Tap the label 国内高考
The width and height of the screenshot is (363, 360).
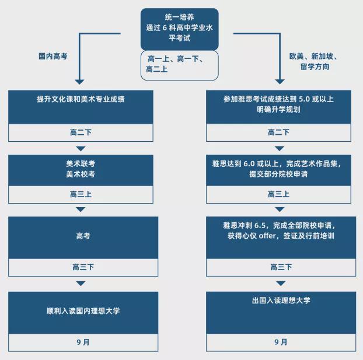click(x=54, y=57)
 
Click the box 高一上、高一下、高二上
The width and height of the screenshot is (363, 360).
click(x=180, y=65)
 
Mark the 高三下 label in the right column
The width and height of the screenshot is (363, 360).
click(x=281, y=267)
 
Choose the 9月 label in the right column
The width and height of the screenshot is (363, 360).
click(x=281, y=342)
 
